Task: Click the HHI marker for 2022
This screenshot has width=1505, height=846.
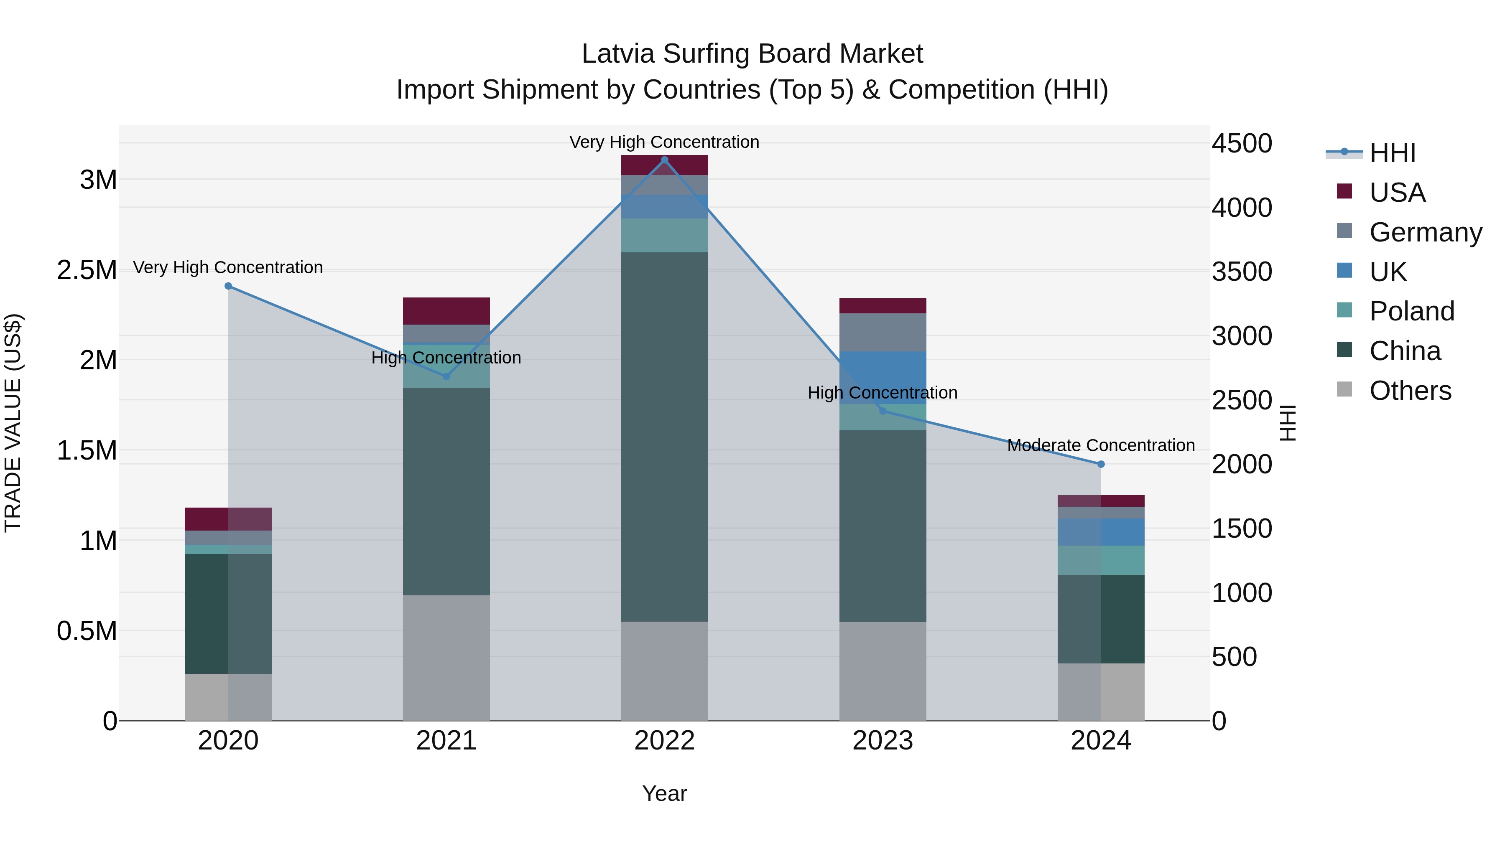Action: point(664,160)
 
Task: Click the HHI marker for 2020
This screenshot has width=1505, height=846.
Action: point(228,286)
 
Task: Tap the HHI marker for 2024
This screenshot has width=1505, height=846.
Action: point(1101,464)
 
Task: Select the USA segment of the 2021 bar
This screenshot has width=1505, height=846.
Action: point(446,310)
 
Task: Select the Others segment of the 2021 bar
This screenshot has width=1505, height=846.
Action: point(446,658)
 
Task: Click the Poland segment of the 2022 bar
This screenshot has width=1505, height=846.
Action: point(664,235)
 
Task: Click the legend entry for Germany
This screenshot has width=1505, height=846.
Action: point(1425,232)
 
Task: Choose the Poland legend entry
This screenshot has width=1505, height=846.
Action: point(1411,311)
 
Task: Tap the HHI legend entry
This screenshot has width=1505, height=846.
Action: point(1392,153)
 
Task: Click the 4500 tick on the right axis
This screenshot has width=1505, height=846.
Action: point(1242,144)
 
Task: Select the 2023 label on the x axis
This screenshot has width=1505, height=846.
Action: point(883,740)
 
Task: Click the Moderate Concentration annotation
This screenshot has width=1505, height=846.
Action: point(1101,445)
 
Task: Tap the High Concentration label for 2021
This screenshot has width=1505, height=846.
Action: point(446,357)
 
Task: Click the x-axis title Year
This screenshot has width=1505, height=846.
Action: point(664,793)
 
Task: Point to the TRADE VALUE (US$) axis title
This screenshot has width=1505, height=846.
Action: point(13,423)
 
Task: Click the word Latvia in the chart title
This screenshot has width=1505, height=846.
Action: point(618,54)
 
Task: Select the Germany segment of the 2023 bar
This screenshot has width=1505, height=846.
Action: point(883,332)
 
